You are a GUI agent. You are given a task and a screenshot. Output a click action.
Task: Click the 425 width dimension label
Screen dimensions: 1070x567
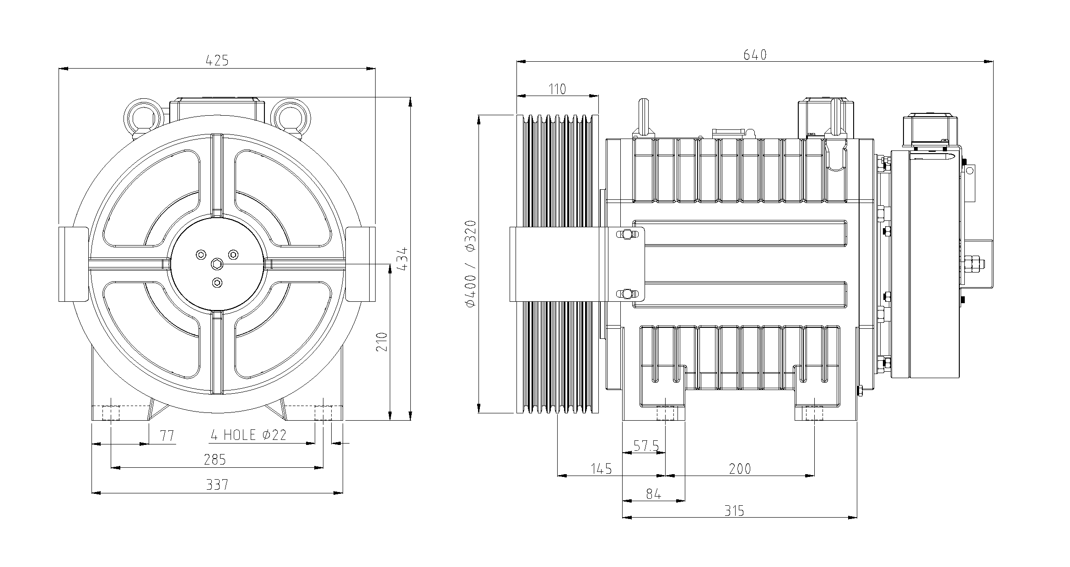point(217,60)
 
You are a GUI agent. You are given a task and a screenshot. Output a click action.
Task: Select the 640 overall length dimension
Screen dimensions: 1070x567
point(755,55)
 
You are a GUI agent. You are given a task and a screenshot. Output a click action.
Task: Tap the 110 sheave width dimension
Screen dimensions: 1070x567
point(557,89)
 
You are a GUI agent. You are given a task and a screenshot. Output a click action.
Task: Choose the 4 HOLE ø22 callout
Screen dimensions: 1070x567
point(248,434)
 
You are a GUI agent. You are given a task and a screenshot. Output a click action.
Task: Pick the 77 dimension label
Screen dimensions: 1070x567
point(167,436)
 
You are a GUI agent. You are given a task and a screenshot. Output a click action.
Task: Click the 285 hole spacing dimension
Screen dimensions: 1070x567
point(215,460)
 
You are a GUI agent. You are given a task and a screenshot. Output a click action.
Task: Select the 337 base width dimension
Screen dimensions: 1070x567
point(217,485)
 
